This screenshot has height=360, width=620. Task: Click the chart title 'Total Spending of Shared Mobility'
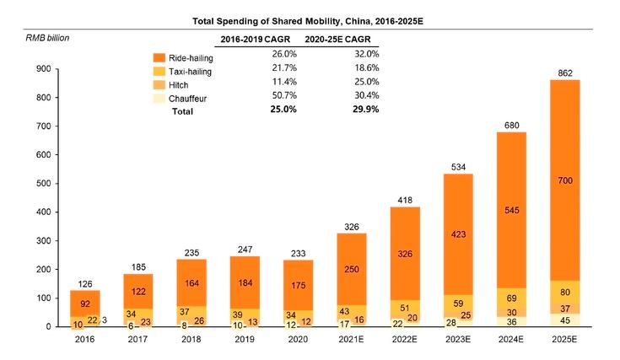[x=309, y=19]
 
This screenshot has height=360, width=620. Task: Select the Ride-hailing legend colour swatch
[x=157, y=57]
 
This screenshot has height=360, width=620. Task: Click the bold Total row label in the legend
[x=183, y=111]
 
